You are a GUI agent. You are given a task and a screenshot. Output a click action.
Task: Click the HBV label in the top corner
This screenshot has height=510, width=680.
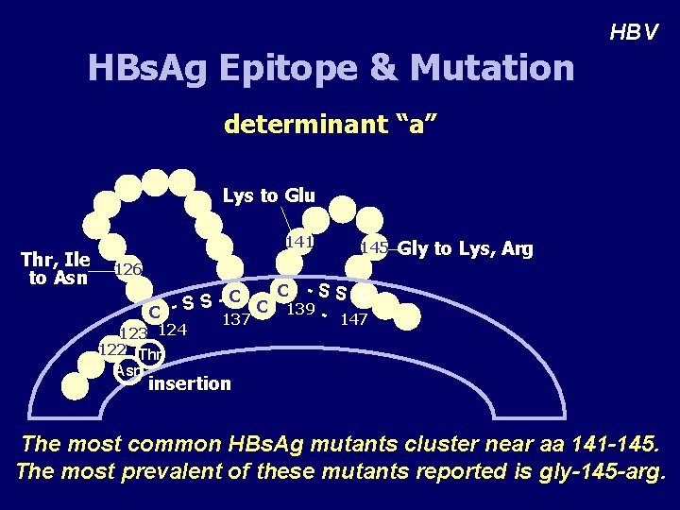(x=633, y=33)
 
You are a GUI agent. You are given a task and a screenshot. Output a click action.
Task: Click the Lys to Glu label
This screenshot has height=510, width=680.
(x=268, y=195)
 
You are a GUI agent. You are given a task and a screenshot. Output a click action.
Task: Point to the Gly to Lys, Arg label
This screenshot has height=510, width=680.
(x=465, y=249)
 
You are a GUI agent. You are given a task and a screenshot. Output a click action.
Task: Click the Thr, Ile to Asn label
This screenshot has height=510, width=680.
(x=56, y=268)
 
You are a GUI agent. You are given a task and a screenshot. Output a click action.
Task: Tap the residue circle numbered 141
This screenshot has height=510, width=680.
(x=298, y=243)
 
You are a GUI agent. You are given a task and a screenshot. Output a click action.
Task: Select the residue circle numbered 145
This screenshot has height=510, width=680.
(x=374, y=248)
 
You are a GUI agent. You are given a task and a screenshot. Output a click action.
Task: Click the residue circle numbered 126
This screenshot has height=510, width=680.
(x=127, y=270)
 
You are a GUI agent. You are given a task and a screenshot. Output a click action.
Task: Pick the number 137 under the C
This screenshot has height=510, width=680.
(x=236, y=319)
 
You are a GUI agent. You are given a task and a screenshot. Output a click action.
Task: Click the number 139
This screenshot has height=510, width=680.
(x=300, y=309)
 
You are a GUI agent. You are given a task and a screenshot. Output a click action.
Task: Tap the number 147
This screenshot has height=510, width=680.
(x=353, y=319)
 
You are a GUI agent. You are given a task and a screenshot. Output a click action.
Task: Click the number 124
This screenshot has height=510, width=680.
(x=172, y=330)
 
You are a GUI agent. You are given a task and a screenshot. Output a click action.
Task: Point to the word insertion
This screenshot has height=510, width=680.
(x=189, y=383)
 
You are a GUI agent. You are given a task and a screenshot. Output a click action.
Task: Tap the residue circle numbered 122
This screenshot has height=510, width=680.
(x=111, y=348)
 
